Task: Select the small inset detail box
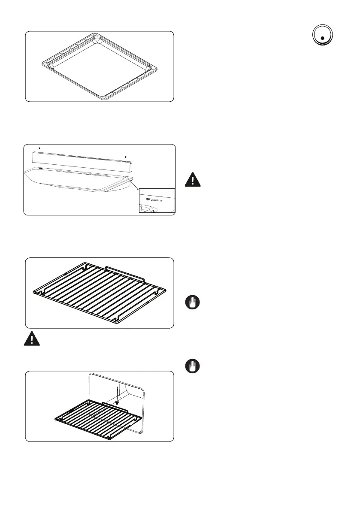157,200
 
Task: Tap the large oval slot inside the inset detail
154,200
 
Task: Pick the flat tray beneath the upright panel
77,182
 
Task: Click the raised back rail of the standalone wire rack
124,273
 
